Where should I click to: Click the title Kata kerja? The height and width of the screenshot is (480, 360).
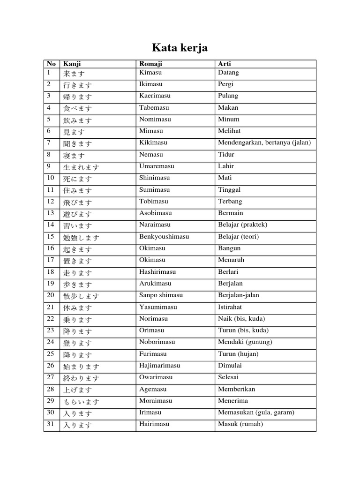(180, 48)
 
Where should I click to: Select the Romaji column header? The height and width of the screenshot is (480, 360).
(150, 64)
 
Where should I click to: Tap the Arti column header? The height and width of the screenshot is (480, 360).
(225, 64)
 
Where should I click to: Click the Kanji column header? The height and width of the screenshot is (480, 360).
(72, 64)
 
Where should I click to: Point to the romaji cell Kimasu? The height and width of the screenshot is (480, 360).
(150, 73)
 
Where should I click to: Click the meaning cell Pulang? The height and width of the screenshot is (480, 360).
(228, 96)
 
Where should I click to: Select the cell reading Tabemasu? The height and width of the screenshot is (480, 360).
(153, 108)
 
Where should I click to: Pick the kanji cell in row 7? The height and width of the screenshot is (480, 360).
(78, 144)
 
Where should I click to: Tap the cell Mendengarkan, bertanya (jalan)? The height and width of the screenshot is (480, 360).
(264, 143)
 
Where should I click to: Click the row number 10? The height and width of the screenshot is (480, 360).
(51, 178)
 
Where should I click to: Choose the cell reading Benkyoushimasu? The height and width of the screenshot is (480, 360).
(164, 237)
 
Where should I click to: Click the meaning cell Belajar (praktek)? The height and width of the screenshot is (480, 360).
(242, 225)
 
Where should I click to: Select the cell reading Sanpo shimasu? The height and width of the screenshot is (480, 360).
(161, 295)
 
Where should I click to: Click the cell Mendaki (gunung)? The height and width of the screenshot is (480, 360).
(245, 342)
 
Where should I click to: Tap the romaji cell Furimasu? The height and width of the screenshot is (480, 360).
(153, 354)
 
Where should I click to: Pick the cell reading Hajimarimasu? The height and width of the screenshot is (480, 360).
(159, 366)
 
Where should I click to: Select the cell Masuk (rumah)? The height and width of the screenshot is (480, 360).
(240, 424)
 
